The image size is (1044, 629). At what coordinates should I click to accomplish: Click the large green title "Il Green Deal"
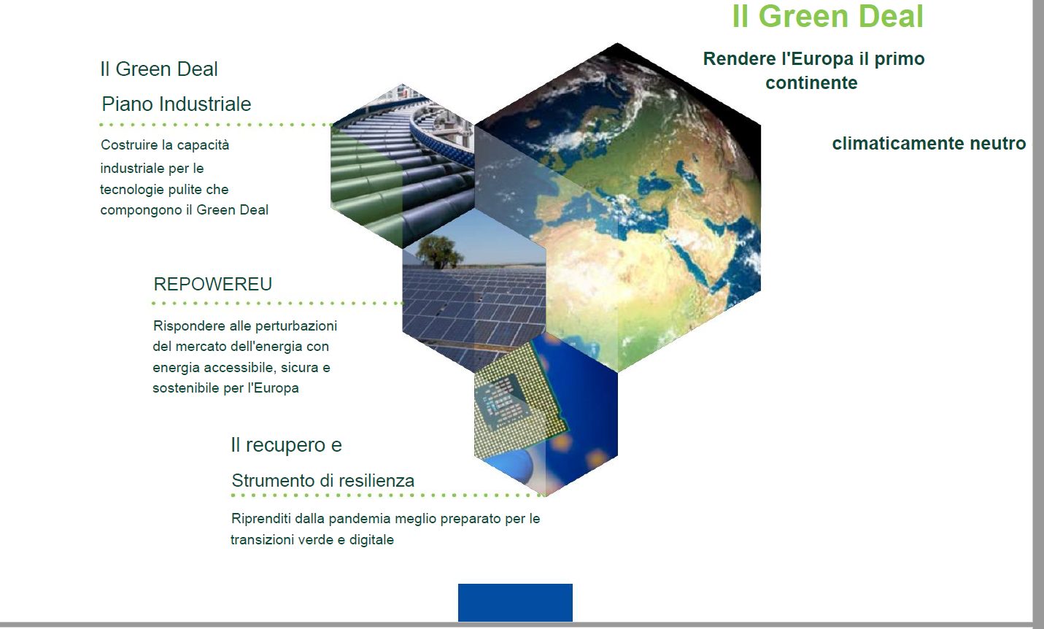[828, 16]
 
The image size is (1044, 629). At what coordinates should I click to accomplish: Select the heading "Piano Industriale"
[176, 104]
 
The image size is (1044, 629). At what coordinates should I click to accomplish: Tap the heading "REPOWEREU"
[212, 284]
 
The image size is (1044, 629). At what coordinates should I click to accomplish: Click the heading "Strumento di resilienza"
[323, 481]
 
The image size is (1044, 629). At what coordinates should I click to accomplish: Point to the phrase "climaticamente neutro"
[929, 143]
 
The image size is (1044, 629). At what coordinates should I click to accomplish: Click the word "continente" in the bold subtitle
[811, 83]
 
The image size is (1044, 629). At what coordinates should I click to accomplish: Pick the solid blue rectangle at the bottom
[515, 603]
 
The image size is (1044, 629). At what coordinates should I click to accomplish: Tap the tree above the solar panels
[438, 252]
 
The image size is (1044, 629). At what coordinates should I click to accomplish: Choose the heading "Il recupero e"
[286, 445]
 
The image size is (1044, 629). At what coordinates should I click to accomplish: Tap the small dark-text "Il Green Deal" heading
[159, 69]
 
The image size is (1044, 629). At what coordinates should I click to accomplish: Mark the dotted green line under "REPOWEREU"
[278, 303]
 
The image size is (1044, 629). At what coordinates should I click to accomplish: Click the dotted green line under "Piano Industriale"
[216, 125]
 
